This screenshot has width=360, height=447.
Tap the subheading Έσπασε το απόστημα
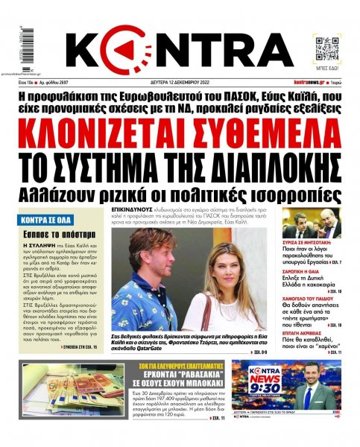coord(51,235)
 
